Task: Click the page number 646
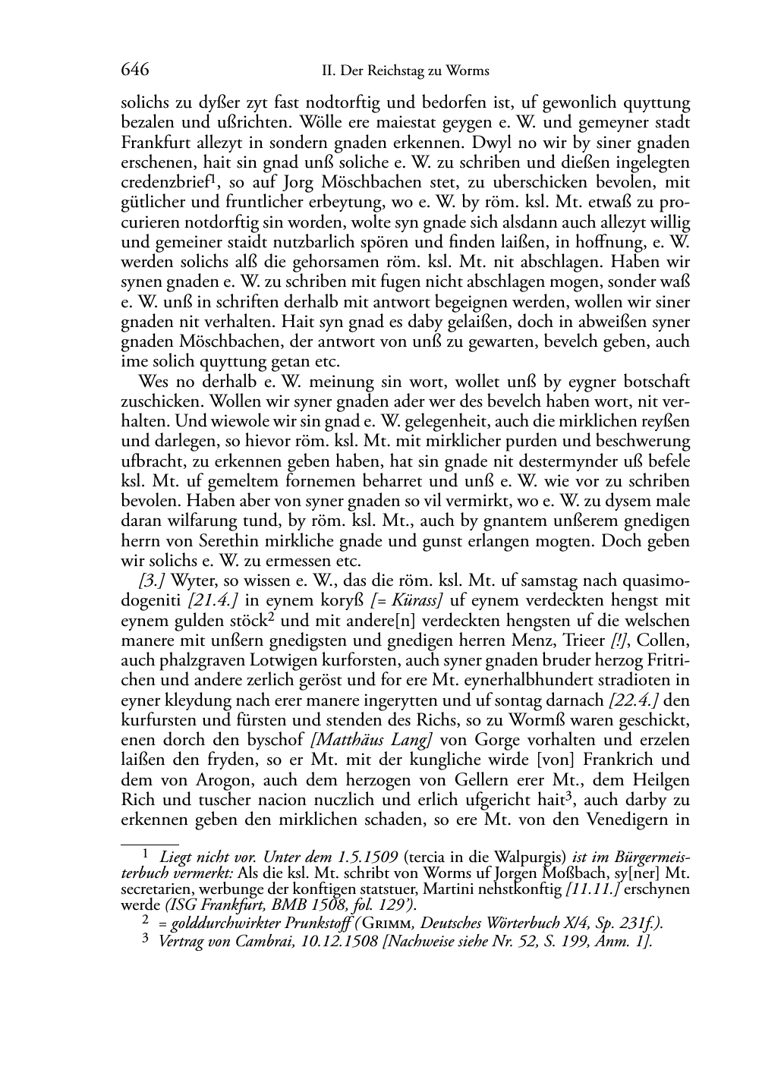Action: click(134, 71)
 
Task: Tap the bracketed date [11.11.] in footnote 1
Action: click(579, 888)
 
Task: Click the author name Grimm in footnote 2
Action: click(390, 923)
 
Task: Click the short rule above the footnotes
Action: click(150, 842)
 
